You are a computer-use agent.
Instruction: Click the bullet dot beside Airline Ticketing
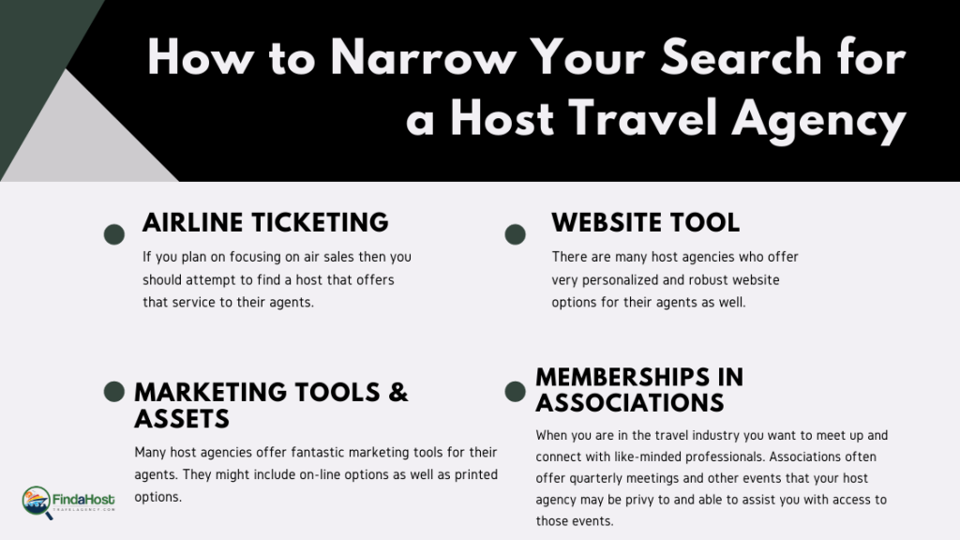pyautogui.click(x=113, y=234)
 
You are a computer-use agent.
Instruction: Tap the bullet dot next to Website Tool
pyautogui.click(x=515, y=234)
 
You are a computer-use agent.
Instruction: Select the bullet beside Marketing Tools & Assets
pyautogui.click(x=113, y=392)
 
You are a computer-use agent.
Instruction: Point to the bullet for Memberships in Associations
pyautogui.click(x=515, y=392)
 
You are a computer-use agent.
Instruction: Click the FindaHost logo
pyautogui.click(x=67, y=502)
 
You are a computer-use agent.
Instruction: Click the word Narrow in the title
pyautogui.click(x=423, y=58)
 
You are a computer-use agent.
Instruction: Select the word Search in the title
pyautogui.click(x=741, y=57)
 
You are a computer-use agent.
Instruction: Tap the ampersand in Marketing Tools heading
pyautogui.click(x=397, y=393)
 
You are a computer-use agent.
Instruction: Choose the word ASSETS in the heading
pyautogui.click(x=182, y=419)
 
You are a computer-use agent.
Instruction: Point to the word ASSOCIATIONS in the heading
pyautogui.click(x=630, y=403)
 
